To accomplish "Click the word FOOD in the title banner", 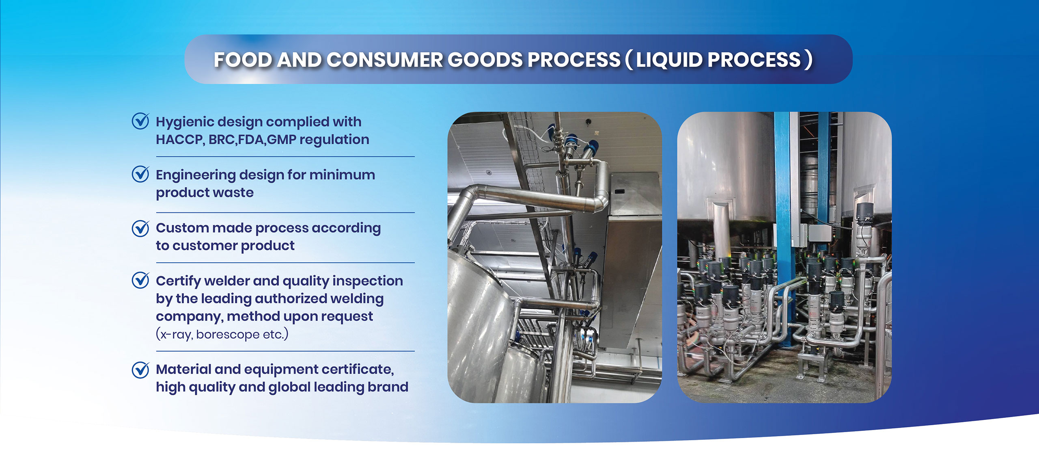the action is pos(243,60).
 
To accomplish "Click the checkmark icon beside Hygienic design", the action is pos(140,121).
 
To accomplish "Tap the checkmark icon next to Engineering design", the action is pos(140,174).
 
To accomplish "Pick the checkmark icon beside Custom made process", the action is pos(140,228).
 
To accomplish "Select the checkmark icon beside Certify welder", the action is pos(140,280).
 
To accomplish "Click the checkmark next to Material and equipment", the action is pos(140,370).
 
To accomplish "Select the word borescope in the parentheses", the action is pos(228,335).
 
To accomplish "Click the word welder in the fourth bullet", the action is pos(226,281).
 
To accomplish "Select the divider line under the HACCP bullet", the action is pos(285,156).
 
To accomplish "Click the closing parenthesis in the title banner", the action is pos(809,60).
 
